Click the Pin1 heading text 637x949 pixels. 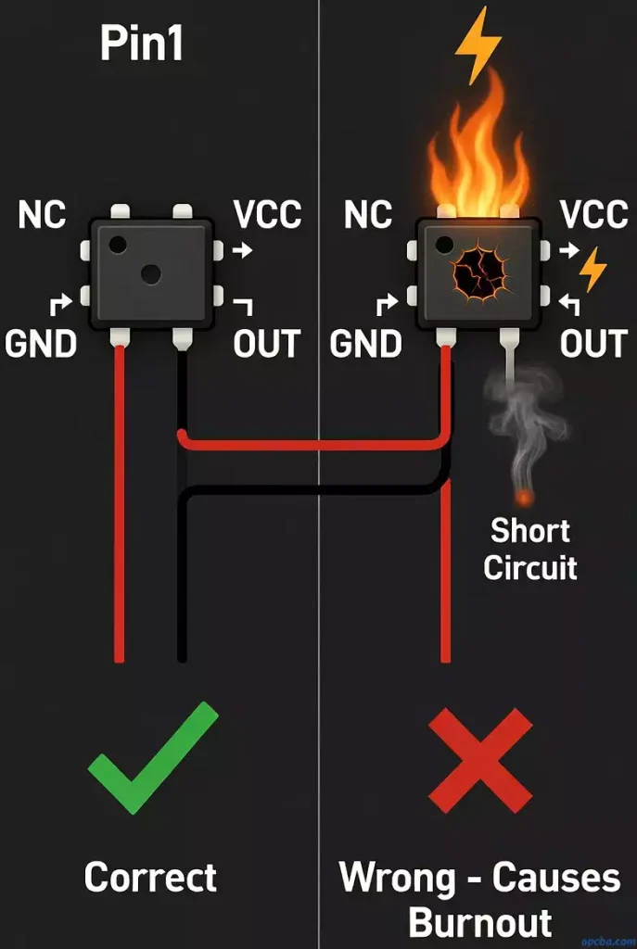coord(142,44)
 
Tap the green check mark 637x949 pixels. coord(153,757)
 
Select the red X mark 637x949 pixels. coord(480,757)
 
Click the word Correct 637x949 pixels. coord(150,877)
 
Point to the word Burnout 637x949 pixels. coord(480,923)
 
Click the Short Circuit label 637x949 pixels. coord(530,549)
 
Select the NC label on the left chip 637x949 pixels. coord(42,215)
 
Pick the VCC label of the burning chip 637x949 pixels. coord(594,215)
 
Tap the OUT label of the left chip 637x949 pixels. coord(267,344)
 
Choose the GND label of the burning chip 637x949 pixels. coord(366,344)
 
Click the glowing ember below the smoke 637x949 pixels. coord(524,498)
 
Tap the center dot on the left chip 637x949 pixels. coord(150,273)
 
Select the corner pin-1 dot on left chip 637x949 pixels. coord(117,245)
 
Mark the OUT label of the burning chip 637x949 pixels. coord(593,344)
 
